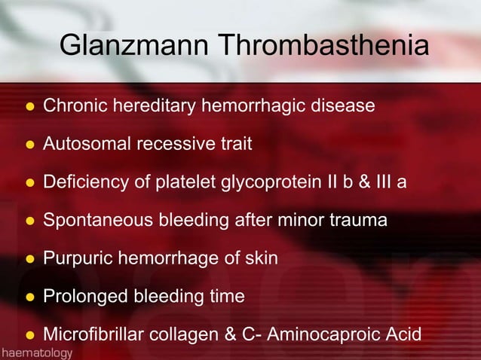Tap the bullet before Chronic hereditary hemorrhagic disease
click(29, 106)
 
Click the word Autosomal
click(87, 143)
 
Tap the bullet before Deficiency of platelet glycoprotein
click(29, 182)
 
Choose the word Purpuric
click(78, 258)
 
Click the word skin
click(261, 258)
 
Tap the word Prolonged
click(85, 297)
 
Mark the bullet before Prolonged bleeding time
click(29, 297)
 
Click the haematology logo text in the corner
click(37, 352)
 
